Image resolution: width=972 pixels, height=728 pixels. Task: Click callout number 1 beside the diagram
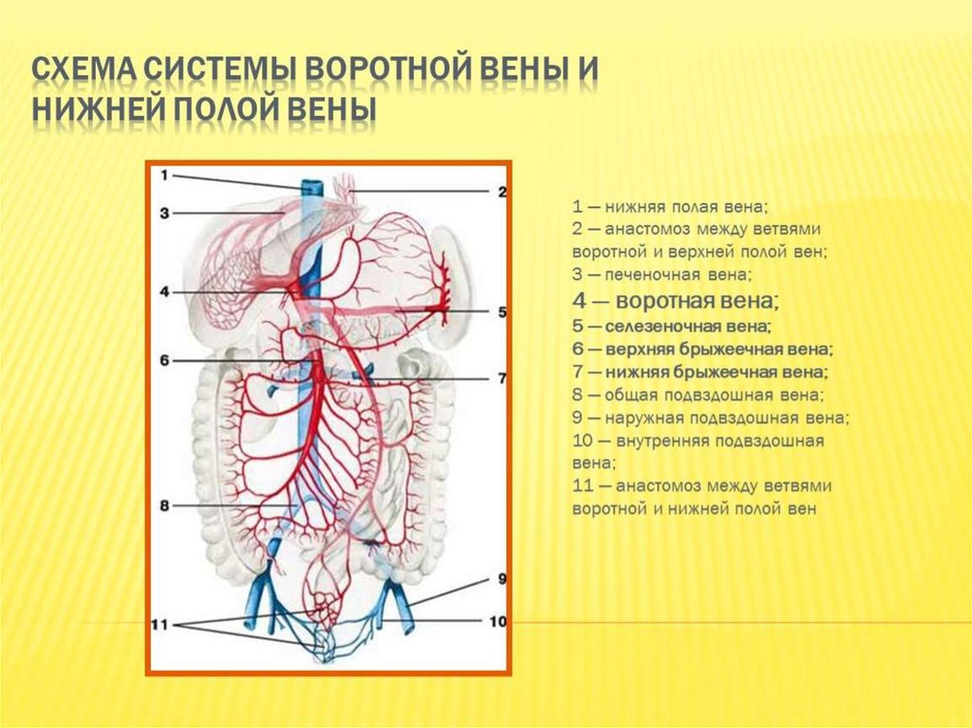pyautogui.click(x=164, y=176)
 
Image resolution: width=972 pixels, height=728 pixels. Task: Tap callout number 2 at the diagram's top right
pyautogui.click(x=502, y=192)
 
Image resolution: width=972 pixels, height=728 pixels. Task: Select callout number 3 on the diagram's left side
pyautogui.click(x=164, y=214)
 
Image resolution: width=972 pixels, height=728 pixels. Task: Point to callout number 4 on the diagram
pyautogui.click(x=164, y=292)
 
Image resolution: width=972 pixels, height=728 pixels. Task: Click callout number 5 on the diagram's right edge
pyautogui.click(x=502, y=311)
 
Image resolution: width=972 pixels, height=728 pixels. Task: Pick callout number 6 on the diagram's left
pyautogui.click(x=164, y=361)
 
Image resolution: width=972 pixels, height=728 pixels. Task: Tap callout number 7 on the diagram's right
pyautogui.click(x=502, y=379)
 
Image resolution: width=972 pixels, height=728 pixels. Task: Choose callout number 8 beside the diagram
pyautogui.click(x=164, y=507)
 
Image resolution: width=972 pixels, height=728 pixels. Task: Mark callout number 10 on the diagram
pyautogui.click(x=499, y=622)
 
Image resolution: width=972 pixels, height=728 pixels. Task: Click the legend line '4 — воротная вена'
pyautogui.click(x=676, y=302)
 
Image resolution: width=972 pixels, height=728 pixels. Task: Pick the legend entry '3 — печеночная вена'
pyautogui.click(x=662, y=275)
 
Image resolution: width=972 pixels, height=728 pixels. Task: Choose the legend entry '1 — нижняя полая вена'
pyautogui.click(x=670, y=206)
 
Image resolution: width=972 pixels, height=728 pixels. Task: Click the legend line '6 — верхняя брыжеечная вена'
pyautogui.click(x=702, y=349)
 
